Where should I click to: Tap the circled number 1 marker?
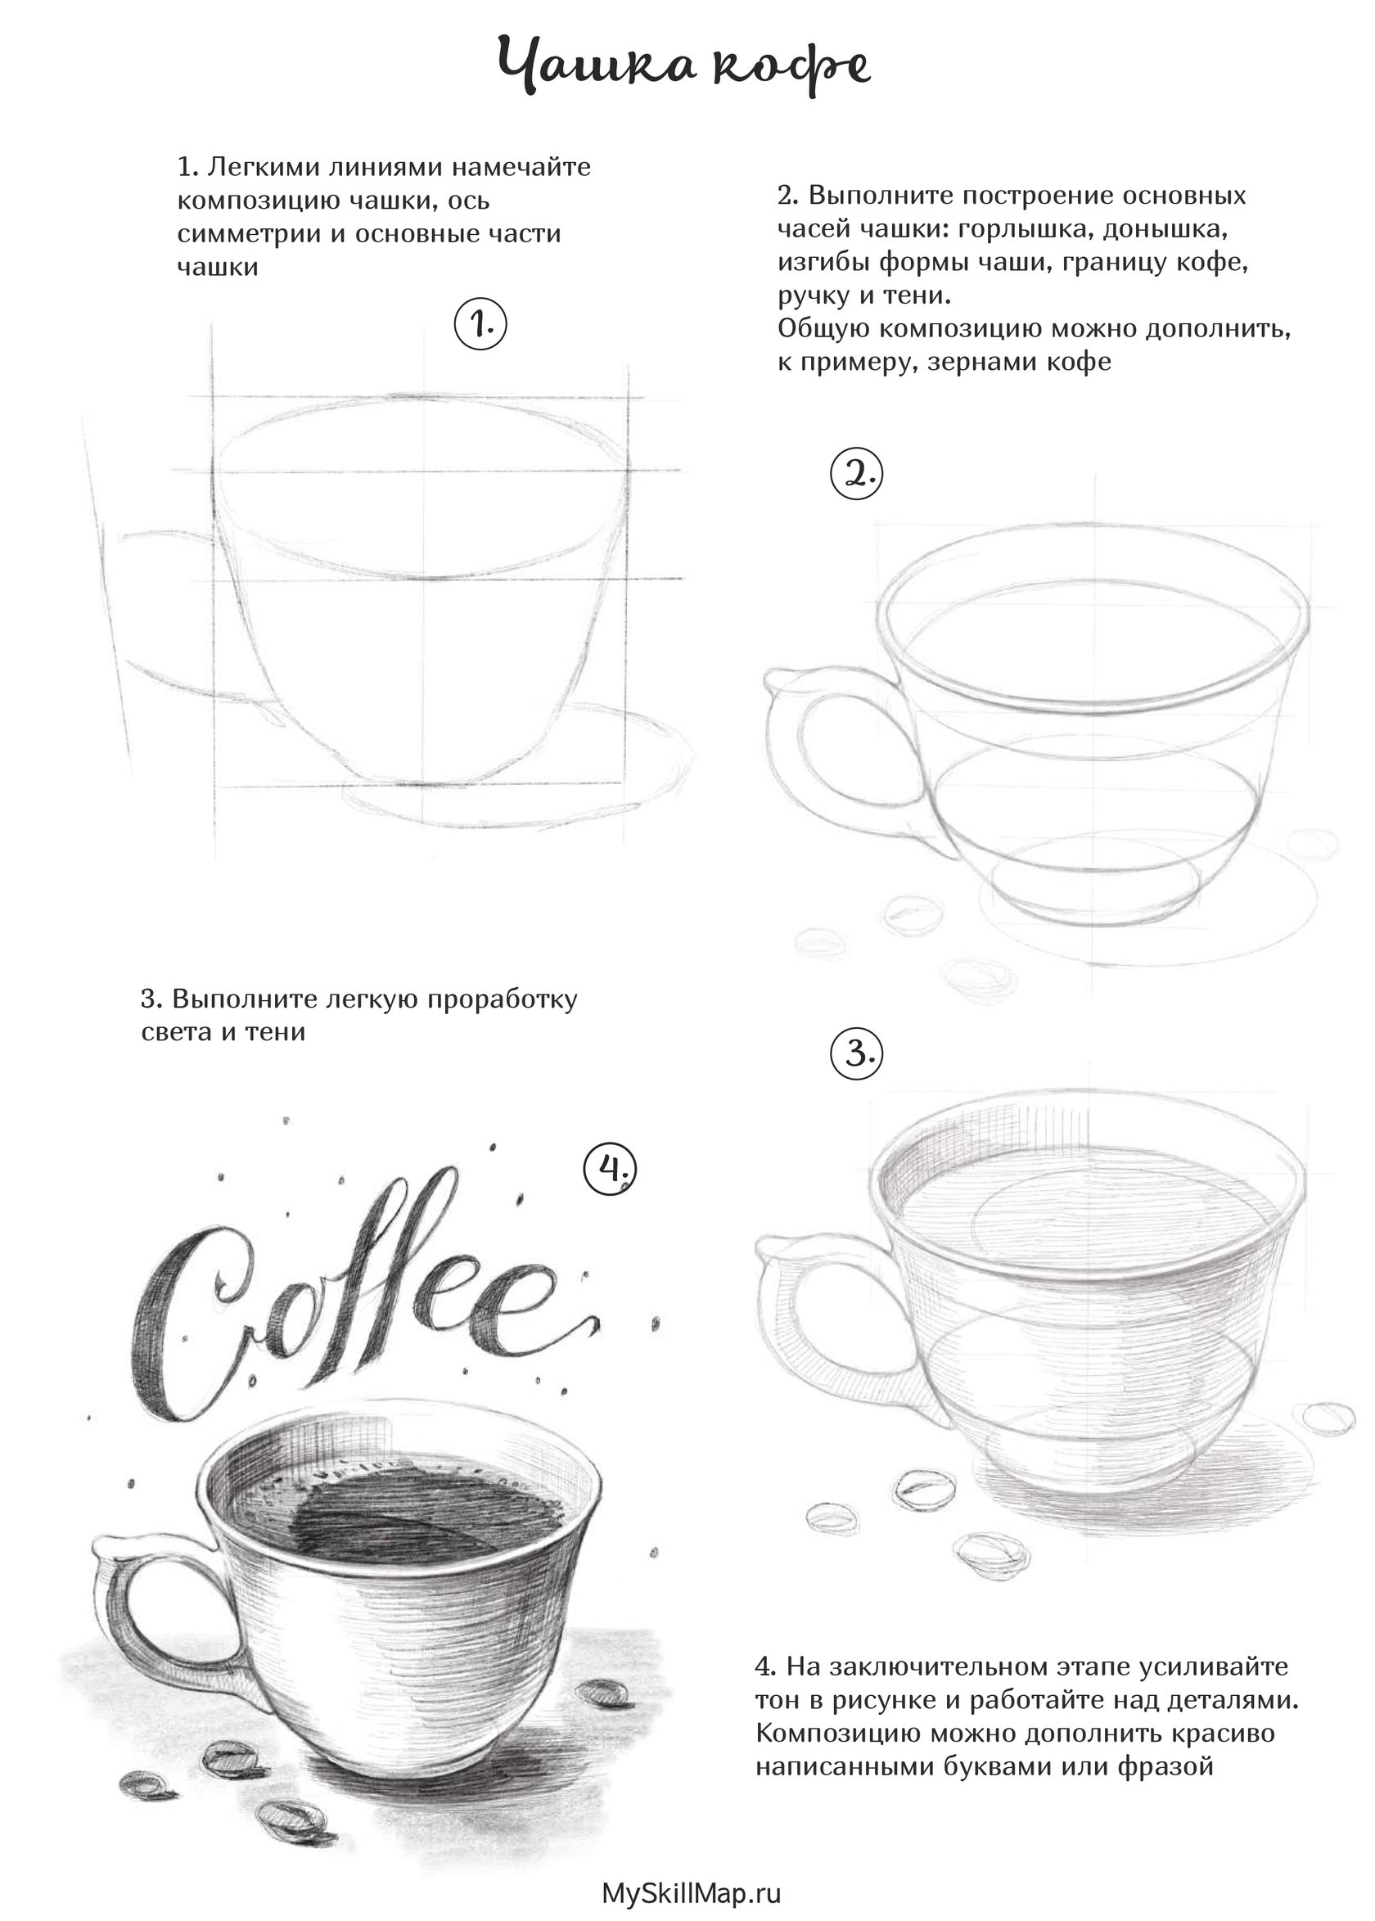pyautogui.click(x=481, y=323)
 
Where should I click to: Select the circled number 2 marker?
pyautogui.click(x=857, y=475)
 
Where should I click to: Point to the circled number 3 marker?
pyautogui.click(x=857, y=1055)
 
